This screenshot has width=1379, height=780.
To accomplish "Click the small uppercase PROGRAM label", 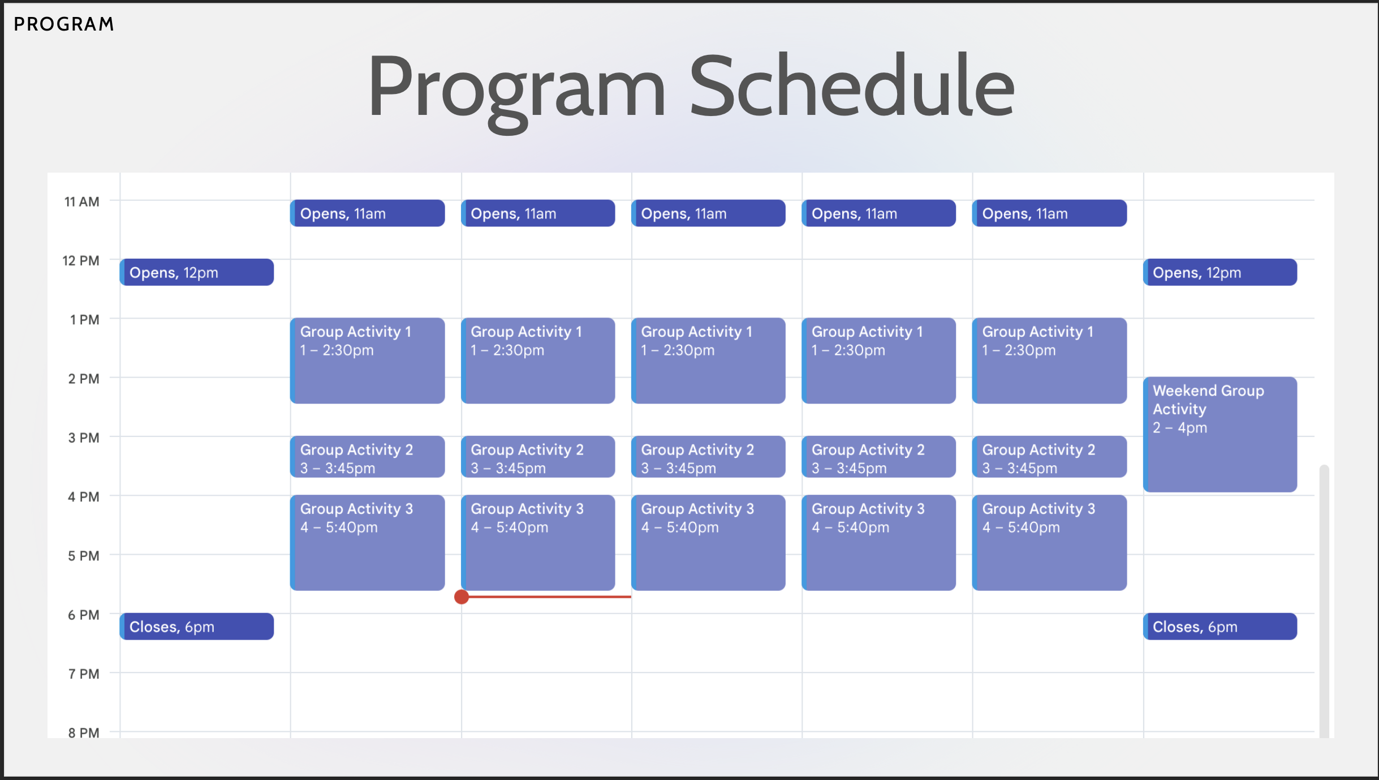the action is [64, 24].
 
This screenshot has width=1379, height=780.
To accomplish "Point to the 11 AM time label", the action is [82, 202].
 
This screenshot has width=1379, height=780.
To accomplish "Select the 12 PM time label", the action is [81, 260].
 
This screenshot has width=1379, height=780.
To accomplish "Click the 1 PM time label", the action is [85, 320].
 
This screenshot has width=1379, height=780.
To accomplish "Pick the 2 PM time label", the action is [84, 379].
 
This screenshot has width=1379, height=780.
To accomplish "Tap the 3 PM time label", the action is [84, 438].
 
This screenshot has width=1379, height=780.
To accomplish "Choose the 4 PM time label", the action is [84, 497].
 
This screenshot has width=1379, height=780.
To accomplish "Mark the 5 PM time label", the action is [84, 556].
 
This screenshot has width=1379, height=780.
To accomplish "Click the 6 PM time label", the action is [84, 615].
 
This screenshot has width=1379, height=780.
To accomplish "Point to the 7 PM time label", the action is [84, 674].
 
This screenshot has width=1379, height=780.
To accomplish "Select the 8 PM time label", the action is [84, 732].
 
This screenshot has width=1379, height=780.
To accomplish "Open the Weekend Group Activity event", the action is [1220, 434].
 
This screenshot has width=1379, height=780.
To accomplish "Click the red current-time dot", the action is [462, 597].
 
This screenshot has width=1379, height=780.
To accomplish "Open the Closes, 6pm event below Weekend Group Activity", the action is [1220, 627].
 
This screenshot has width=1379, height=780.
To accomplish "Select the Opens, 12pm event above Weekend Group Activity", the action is [1220, 272].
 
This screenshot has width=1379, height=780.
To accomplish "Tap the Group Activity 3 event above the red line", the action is [538, 543].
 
